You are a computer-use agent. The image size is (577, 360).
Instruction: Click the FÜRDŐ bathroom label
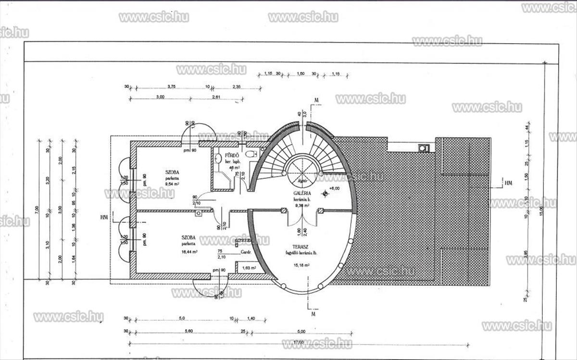pyautogui.click(x=233, y=155)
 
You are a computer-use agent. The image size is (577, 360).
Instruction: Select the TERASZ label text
pyautogui.click(x=302, y=246)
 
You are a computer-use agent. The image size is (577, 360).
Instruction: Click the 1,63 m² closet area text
pyautogui.click(x=249, y=268)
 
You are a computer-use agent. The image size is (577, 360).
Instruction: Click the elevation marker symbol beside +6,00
pyautogui.click(x=326, y=194)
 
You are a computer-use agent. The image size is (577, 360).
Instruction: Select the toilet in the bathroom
pyautogui.click(x=251, y=153)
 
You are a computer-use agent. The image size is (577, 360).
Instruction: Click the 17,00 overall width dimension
pyautogui.click(x=298, y=342)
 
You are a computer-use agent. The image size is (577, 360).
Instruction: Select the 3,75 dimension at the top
pyautogui.click(x=171, y=87)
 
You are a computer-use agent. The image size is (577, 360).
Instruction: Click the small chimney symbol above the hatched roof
pyautogui.click(x=423, y=148)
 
